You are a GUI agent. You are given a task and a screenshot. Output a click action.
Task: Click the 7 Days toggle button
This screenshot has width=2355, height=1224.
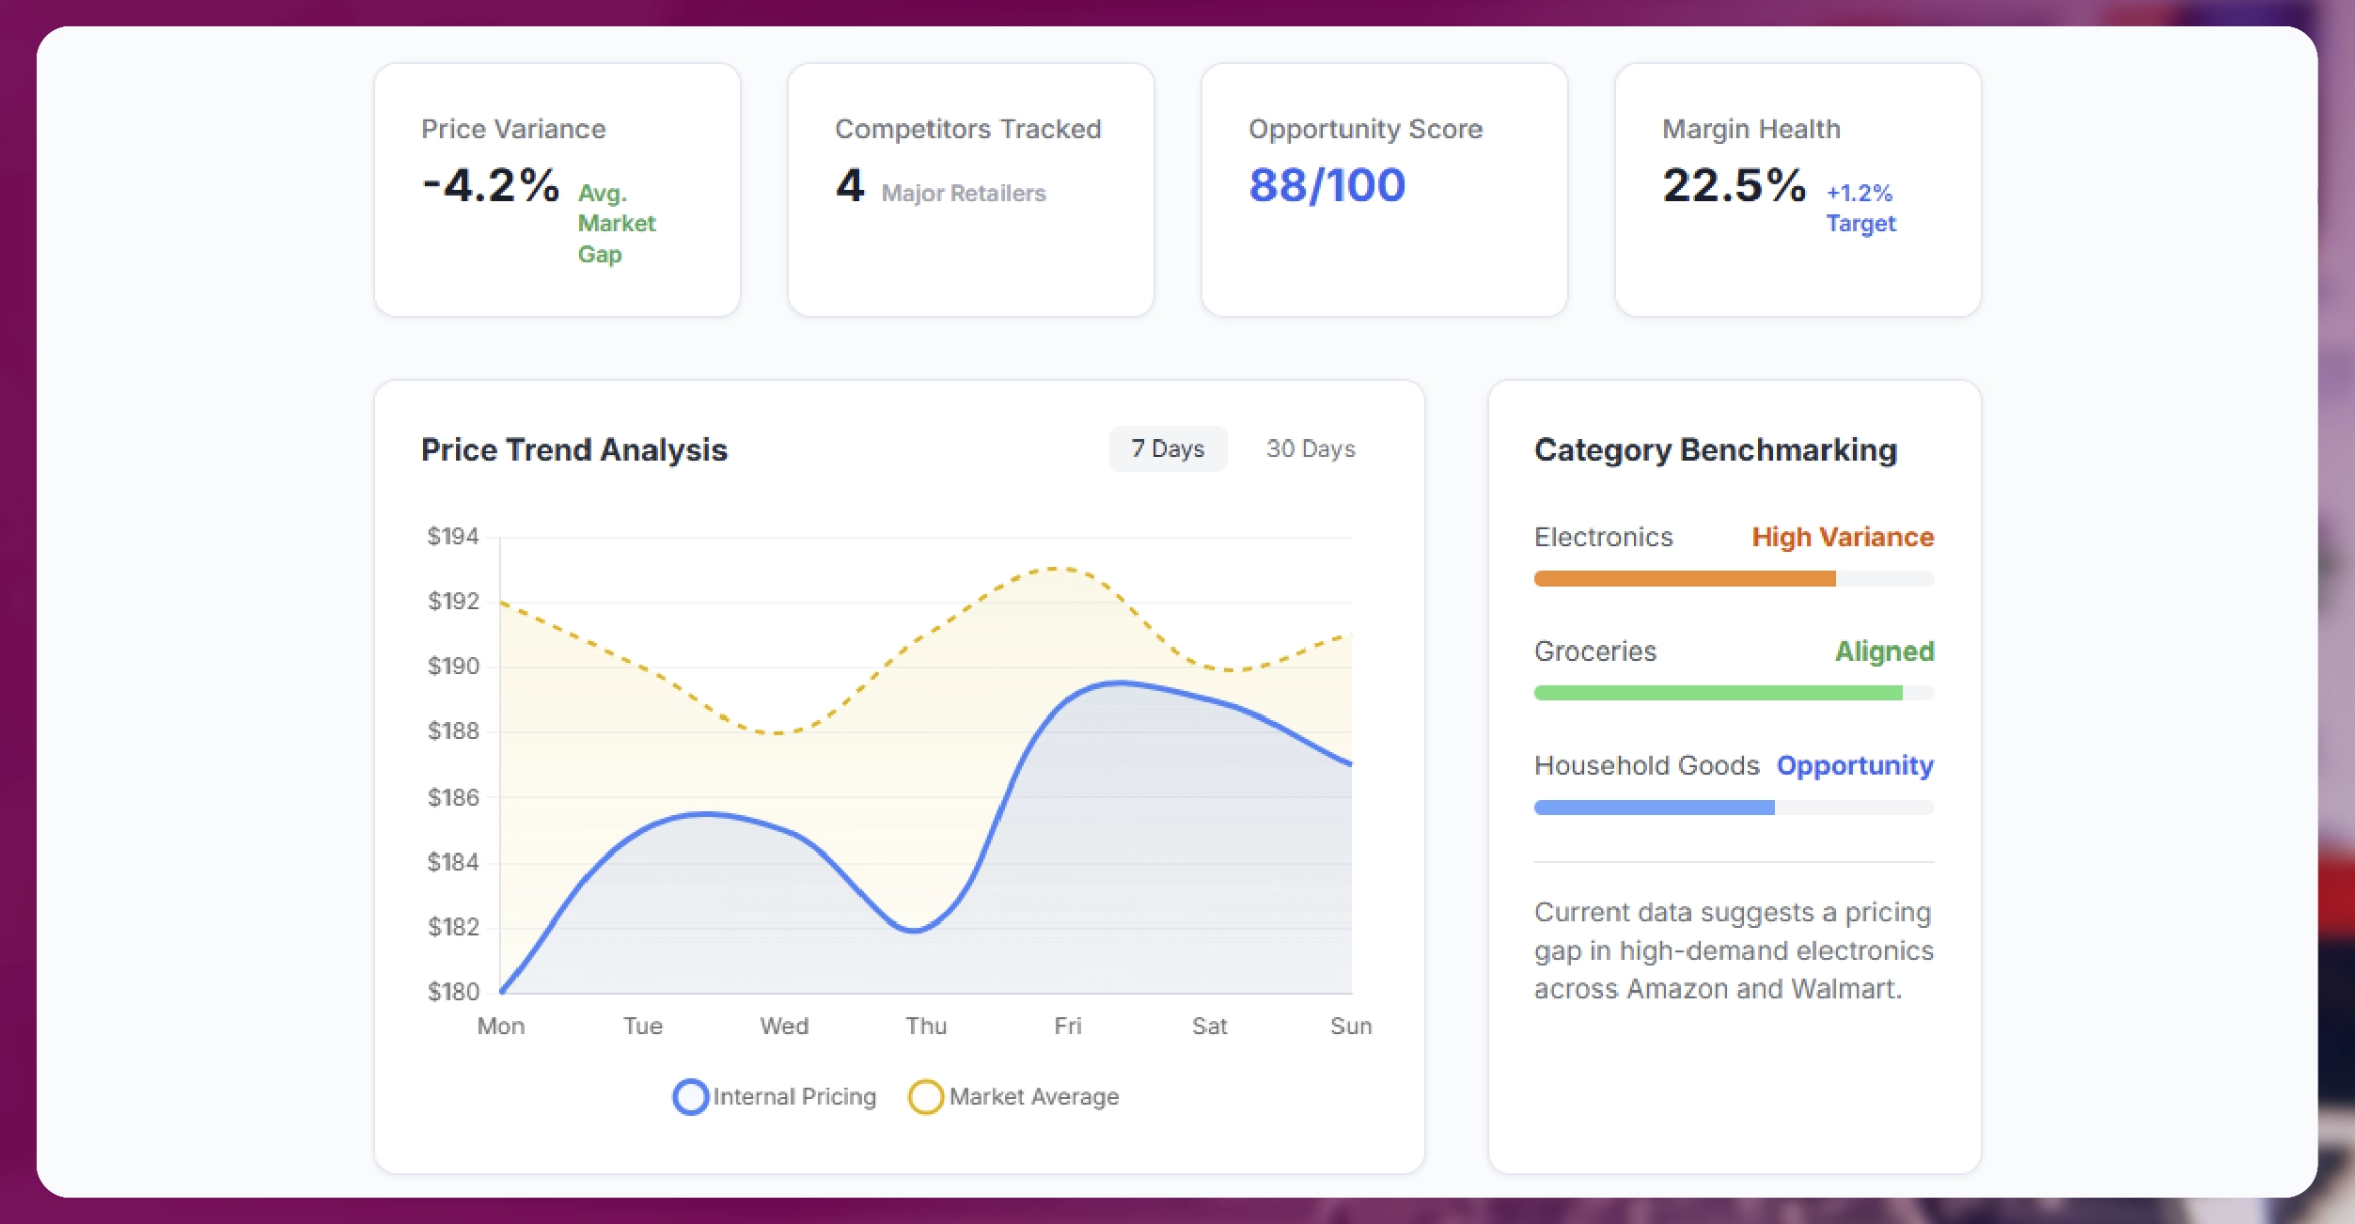(x=1168, y=449)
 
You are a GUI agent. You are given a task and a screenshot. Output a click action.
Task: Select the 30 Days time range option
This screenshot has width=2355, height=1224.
(x=1311, y=449)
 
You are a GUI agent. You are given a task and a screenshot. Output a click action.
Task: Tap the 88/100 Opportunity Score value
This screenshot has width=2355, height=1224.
(x=1327, y=185)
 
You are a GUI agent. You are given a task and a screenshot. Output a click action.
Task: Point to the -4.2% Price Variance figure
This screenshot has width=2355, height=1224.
(x=491, y=185)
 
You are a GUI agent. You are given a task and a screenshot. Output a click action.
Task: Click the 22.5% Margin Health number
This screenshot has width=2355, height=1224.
(x=1734, y=185)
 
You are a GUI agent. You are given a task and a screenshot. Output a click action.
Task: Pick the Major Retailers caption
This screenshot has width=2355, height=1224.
(x=964, y=194)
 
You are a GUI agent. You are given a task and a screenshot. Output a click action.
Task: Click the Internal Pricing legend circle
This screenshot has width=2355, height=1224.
(x=690, y=1097)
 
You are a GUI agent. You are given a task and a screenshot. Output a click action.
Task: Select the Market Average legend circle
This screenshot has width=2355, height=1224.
(x=925, y=1097)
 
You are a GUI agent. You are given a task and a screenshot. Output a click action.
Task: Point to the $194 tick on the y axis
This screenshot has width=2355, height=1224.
(x=453, y=537)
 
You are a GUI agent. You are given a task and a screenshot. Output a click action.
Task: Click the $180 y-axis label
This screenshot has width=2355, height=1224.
(x=453, y=992)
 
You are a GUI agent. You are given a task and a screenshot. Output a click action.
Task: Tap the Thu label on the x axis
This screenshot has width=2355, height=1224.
(x=926, y=1027)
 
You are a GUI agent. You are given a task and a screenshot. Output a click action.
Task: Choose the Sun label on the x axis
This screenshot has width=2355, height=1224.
(x=1351, y=1027)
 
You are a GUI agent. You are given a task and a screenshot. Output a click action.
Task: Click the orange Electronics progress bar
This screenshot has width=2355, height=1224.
(x=1685, y=579)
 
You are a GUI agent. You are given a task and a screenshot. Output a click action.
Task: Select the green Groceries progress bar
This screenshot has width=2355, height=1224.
(x=1718, y=694)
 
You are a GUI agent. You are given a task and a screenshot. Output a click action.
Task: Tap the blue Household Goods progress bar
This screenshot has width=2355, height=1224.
(x=1654, y=808)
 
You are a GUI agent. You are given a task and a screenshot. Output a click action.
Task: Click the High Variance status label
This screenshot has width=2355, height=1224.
(x=1843, y=538)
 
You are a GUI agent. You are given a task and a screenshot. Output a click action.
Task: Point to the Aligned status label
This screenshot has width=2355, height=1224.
(x=1884, y=651)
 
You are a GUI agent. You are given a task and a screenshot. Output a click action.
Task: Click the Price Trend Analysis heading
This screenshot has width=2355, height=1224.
(x=573, y=450)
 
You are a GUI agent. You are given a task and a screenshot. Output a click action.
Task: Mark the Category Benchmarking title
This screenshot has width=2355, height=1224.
(x=1716, y=450)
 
